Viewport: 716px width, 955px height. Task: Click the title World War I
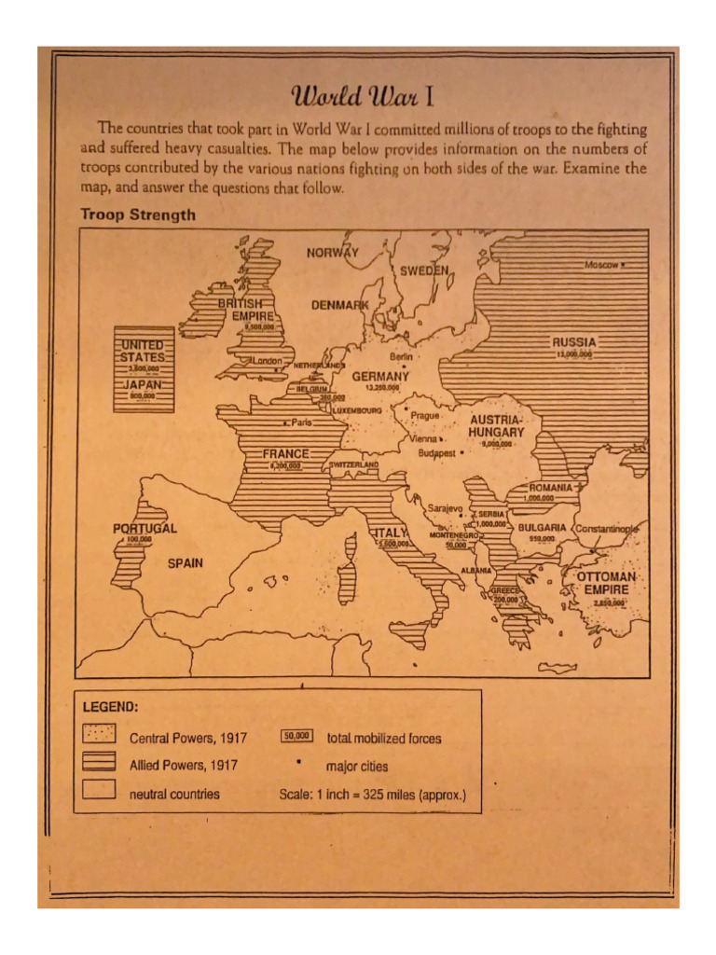pyautogui.click(x=359, y=97)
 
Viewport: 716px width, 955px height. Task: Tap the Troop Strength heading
pyautogui.click(x=138, y=215)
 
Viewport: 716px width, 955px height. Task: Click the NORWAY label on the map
pyautogui.click(x=332, y=253)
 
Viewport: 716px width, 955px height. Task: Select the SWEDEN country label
pyautogui.click(x=424, y=270)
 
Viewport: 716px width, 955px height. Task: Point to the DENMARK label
pyautogui.click(x=339, y=305)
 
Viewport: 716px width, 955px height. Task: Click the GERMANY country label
pyautogui.click(x=380, y=376)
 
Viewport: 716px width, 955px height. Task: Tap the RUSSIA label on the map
pyautogui.click(x=573, y=342)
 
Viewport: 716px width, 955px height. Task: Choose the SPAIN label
pyautogui.click(x=185, y=563)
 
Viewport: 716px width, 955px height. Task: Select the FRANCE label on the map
pyautogui.click(x=285, y=453)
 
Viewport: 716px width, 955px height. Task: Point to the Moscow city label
pyautogui.click(x=601, y=265)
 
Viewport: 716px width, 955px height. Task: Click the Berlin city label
pyautogui.click(x=402, y=356)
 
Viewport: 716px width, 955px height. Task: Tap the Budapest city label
pyautogui.click(x=435, y=453)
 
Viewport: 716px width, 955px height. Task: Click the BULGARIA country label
pyautogui.click(x=542, y=527)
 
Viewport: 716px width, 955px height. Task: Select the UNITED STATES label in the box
pyautogui.click(x=143, y=351)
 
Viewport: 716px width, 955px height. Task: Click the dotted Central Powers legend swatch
pyautogui.click(x=99, y=735)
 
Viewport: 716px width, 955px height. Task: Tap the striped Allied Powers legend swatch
pyautogui.click(x=99, y=762)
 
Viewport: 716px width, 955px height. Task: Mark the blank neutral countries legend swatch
pyautogui.click(x=99, y=791)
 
